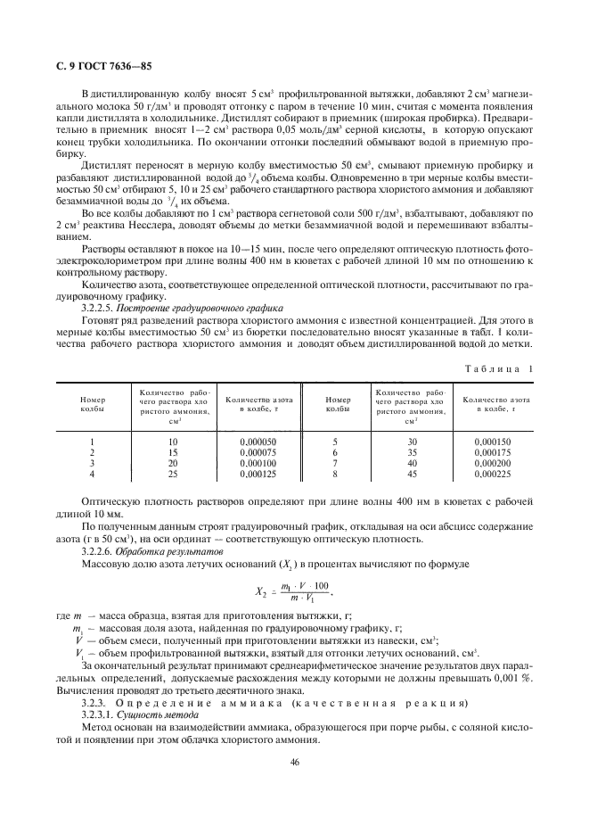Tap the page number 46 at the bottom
(x=294, y=761)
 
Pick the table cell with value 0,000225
(x=493, y=475)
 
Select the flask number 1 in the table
(x=92, y=442)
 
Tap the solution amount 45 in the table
(x=411, y=475)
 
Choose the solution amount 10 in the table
(x=173, y=442)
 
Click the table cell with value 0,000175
(x=493, y=452)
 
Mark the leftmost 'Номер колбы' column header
(x=92, y=405)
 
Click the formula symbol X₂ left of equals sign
(x=255, y=590)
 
